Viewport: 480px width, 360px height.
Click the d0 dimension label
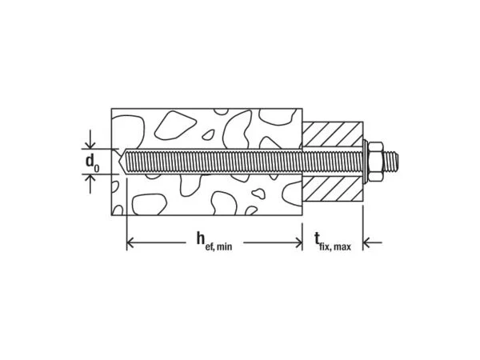pos(92,162)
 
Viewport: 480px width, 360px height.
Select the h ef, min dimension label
pos(214,241)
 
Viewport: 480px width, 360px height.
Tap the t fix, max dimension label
pos(333,242)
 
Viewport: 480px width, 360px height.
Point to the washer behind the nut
pos(365,162)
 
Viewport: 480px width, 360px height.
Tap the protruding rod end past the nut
pos(391,162)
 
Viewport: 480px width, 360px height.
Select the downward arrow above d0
pos(90,139)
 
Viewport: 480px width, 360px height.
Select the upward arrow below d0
pos(90,184)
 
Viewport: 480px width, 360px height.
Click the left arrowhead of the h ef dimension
pos(130,243)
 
